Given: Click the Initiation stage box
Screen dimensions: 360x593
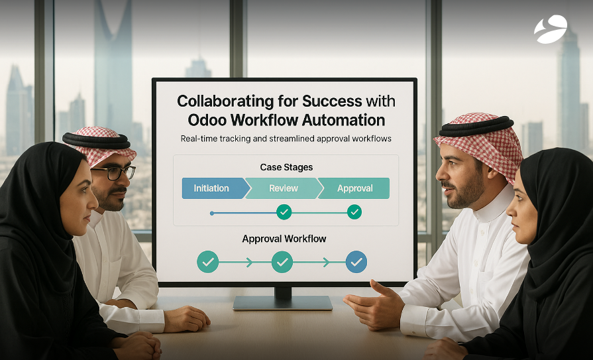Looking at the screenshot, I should [211, 188].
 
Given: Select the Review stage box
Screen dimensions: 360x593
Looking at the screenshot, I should [283, 188].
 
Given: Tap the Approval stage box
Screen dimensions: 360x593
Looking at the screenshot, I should [354, 188].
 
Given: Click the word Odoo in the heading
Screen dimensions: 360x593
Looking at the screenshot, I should [211, 121].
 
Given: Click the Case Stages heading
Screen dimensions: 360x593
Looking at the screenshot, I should [286, 167].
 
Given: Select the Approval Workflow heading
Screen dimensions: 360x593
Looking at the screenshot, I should [284, 239].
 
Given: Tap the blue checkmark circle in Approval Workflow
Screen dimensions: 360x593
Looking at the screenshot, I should [356, 262].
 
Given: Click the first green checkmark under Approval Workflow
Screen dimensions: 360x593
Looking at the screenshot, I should [208, 262].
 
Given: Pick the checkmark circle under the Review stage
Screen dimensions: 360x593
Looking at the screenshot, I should [284, 212].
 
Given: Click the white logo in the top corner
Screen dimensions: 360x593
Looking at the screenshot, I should [551, 29].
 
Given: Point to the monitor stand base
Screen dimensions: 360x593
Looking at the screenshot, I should [282, 302].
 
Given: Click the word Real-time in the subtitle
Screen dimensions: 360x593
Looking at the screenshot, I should [201, 139].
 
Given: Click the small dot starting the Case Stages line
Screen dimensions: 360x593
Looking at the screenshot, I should [211, 213].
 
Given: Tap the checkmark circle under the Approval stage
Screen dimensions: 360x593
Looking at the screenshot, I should [354, 212].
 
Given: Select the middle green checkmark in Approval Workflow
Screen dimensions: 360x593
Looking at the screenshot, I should [283, 262].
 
